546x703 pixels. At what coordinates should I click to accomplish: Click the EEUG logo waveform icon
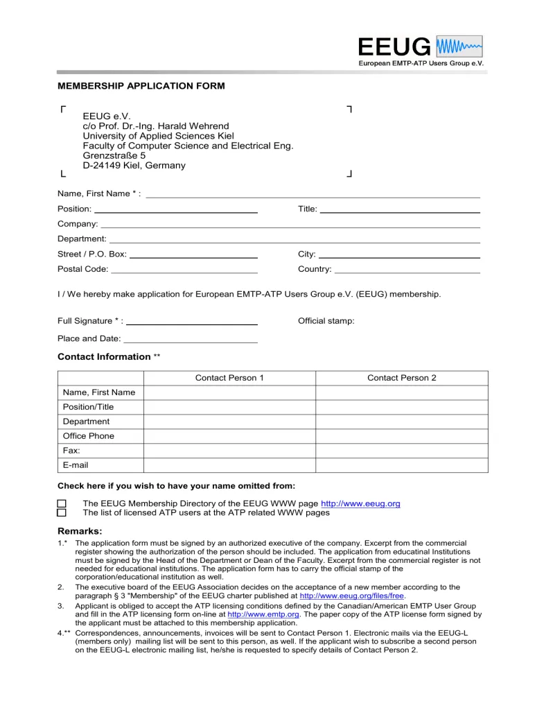(459, 46)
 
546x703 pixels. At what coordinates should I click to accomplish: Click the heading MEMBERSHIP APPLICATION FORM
(141, 86)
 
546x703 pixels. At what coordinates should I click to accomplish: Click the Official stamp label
(326, 321)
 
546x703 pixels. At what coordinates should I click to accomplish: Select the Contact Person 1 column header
(229, 378)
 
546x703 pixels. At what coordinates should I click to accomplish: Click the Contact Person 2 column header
(402, 378)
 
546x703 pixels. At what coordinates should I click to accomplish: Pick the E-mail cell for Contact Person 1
(229, 465)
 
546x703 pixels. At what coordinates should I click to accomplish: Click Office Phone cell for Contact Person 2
(402, 436)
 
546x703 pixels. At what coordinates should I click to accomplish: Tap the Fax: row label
(71, 451)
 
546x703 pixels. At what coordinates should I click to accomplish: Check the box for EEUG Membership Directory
(62, 504)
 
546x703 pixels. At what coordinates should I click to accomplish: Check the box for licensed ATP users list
(62, 513)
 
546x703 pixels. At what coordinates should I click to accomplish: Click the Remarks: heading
(80, 531)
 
